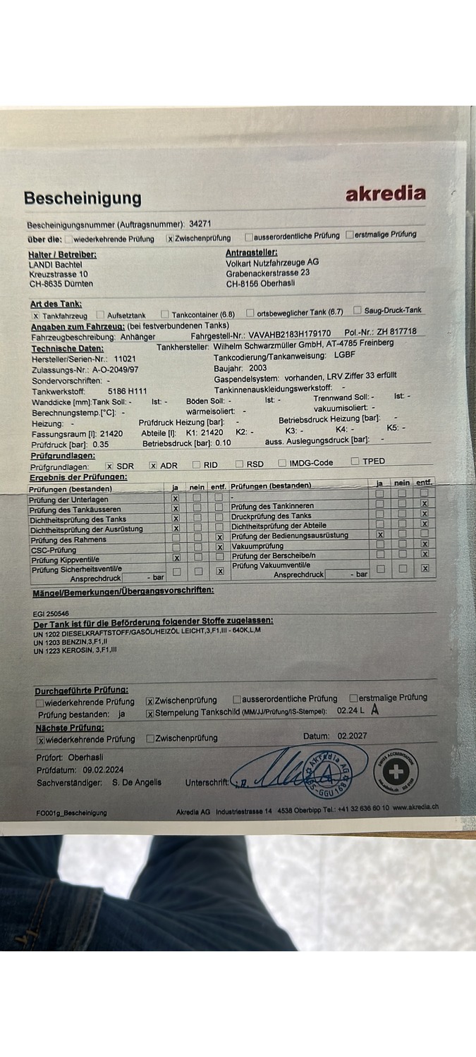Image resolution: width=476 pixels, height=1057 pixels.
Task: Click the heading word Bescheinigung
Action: tap(83, 198)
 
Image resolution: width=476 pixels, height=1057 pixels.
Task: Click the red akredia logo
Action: tap(385, 193)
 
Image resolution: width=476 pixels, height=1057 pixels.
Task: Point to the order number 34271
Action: tap(200, 223)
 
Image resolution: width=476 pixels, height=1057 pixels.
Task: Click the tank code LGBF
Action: tap(345, 355)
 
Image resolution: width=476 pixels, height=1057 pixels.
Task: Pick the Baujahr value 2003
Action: tap(257, 368)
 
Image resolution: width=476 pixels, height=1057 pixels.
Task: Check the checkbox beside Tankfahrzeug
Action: tap(36, 316)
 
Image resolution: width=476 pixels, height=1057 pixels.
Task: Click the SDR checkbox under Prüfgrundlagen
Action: tap(109, 466)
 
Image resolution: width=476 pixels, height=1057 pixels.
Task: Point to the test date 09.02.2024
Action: tap(103, 770)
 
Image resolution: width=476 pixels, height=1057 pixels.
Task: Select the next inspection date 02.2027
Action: tap(352, 736)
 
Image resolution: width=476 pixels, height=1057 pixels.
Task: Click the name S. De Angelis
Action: tap(136, 782)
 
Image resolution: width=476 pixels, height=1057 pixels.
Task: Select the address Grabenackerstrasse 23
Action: tap(268, 273)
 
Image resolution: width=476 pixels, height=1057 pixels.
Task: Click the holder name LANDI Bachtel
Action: tap(55, 264)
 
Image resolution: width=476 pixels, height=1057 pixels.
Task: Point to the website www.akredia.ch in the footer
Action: tap(415, 808)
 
